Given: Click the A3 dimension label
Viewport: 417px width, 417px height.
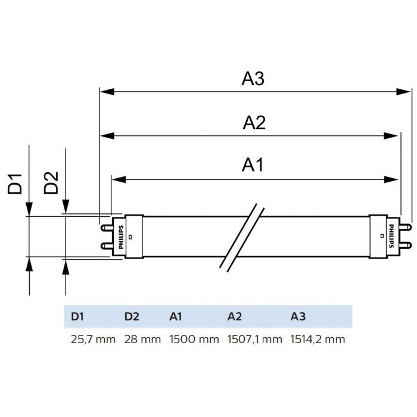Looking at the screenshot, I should coord(253,79).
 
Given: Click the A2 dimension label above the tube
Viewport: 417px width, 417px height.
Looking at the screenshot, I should coord(254,123).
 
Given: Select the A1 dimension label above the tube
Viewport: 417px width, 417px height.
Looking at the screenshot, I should coord(253,166).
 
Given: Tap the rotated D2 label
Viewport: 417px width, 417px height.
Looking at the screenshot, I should coord(52,183).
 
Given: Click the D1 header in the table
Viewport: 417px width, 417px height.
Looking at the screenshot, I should coord(77,316).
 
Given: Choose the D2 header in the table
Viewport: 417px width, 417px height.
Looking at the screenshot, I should coord(132,316).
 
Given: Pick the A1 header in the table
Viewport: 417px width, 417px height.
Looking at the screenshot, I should coord(176,316).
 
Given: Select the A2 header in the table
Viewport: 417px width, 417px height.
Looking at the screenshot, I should coord(235,316).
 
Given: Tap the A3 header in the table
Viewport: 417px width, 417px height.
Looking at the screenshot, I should coord(298,316).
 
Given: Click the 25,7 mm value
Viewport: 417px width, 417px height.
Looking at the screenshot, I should coord(93,340).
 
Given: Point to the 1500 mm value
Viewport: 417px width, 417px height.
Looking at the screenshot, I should coord(194,340).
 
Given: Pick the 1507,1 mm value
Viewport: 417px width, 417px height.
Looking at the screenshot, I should coord(255,340).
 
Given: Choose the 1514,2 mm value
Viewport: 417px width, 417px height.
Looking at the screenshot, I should coord(318,340).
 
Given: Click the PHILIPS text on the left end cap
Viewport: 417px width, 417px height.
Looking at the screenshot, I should coord(122,236).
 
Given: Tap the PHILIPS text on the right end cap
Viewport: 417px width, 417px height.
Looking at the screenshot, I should coord(391,236).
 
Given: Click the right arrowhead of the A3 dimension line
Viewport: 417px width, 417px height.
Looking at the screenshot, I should coord(405,92).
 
